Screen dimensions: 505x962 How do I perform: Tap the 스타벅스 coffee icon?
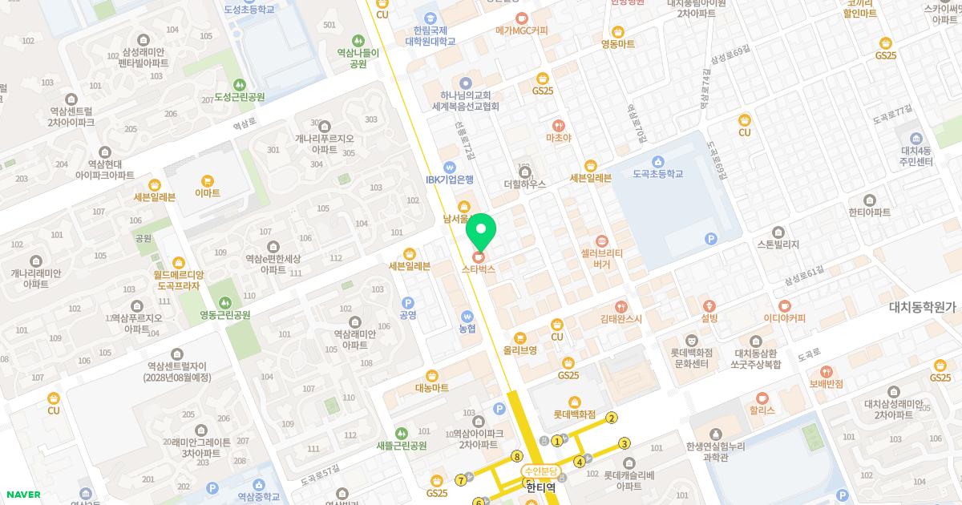pyautogui.click(x=479, y=257)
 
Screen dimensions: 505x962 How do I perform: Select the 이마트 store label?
pyautogui.click(x=208, y=193)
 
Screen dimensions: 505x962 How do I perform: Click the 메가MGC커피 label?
pyautogui.click(x=522, y=30)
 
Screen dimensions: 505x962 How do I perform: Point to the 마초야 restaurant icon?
pyautogui.click(x=558, y=126)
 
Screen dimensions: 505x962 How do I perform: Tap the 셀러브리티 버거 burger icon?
pyautogui.click(x=602, y=240)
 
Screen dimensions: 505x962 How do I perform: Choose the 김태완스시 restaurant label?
pyautogui.click(x=621, y=319)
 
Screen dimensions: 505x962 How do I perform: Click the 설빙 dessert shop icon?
pyautogui.click(x=709, y=305)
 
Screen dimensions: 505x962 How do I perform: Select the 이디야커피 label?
pyautogui.click(x=784, y=318)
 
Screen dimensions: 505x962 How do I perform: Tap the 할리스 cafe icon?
pyautogui.click(x=762, y=398)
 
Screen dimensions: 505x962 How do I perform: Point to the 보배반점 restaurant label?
pyautogui.click(x=827, y=384)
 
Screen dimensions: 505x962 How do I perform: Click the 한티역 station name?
pyautogui.click(x=541, y=486)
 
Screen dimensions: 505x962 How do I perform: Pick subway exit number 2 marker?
pyautogui.click(x=612, y=418)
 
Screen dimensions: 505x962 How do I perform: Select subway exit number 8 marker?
pyautogui.click(x=517, y=456)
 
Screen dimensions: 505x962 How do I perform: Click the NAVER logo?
pyautogui.click(x=23, y=495)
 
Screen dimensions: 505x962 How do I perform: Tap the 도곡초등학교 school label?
pyautogui.click(x=657, y=174)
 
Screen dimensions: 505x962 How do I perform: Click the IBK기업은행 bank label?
pyautogui.click(x=450, y=180)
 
